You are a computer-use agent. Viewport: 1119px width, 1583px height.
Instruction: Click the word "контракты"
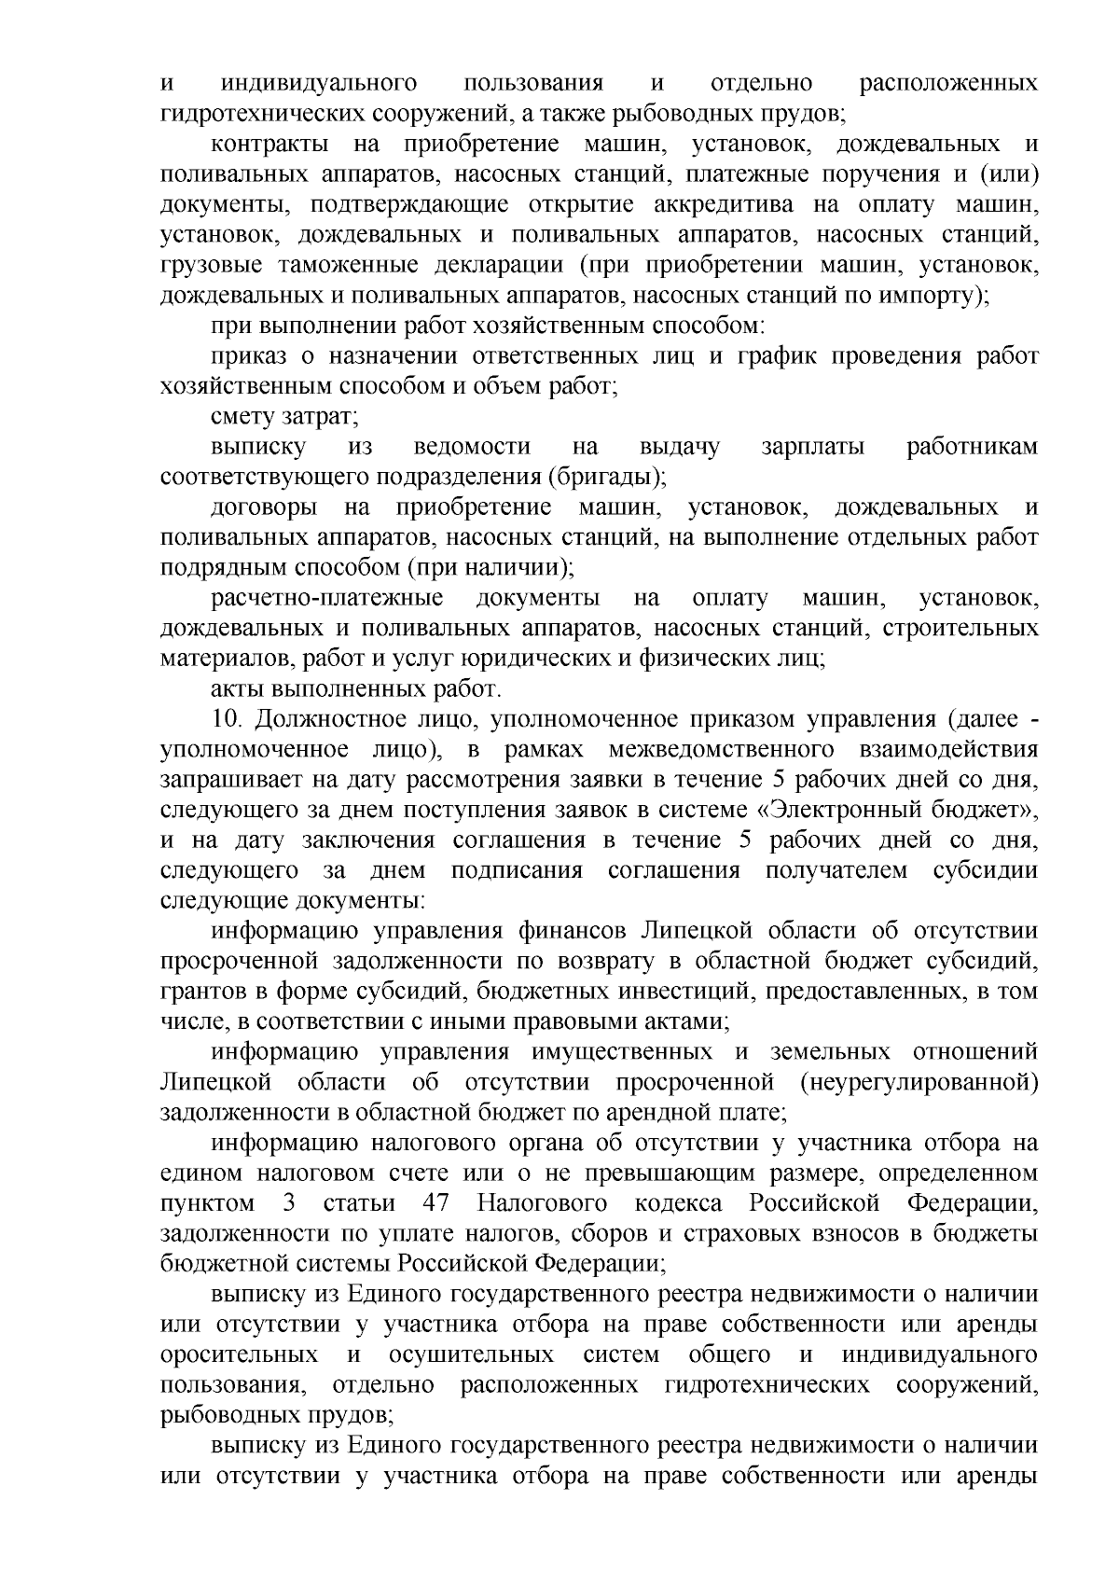[x=269, y=145]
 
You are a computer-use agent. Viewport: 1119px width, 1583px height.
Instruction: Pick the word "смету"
[x=241, y=417]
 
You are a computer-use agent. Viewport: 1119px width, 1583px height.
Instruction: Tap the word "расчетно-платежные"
[x=326, y=598]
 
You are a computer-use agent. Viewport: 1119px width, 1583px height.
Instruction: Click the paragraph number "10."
[x=228, y=719]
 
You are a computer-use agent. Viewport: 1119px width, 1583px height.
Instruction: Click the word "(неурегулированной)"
[x=919, y=1082]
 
